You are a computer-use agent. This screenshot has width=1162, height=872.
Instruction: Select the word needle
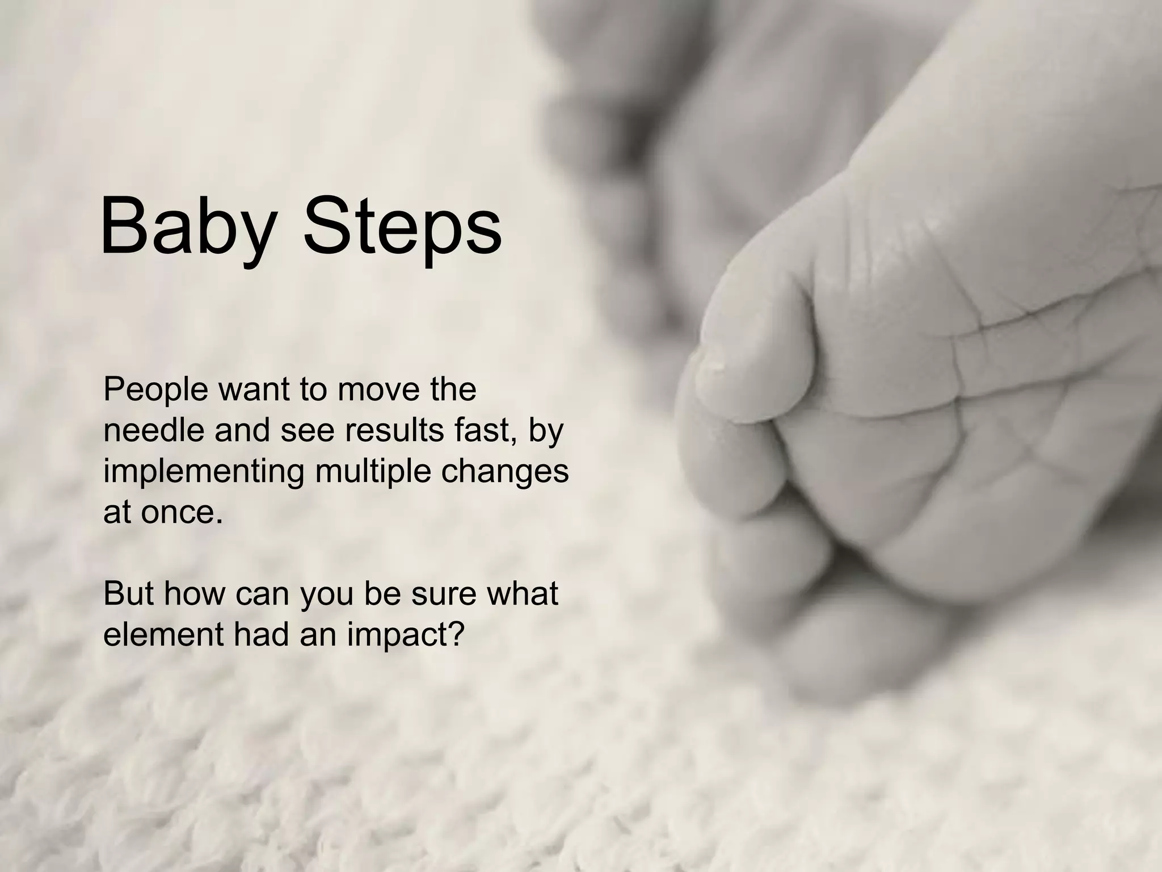(153, 430)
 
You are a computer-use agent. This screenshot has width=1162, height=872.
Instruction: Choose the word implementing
(204, 472)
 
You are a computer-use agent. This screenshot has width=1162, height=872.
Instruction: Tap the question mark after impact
(456, 635)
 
